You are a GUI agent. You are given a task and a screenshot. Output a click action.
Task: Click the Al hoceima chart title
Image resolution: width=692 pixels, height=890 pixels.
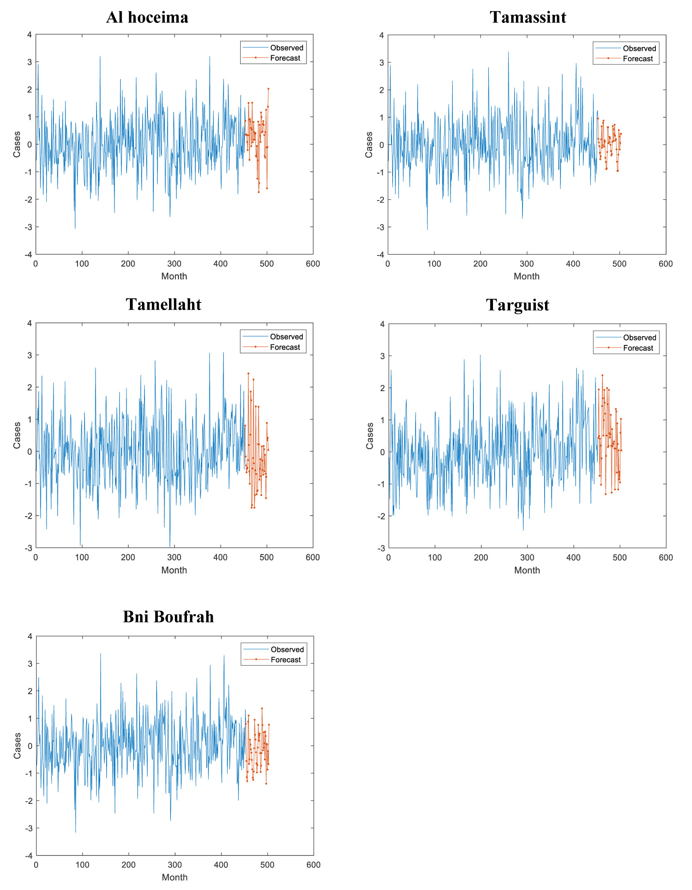pyautogui.click(x=147, y=17)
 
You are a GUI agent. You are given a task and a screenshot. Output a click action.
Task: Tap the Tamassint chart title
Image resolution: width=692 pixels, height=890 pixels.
pyautogui.click(x=528, y=17)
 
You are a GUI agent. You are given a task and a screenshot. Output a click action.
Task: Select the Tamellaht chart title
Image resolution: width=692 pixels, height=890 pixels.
pyautogui.click(x=163, y=305)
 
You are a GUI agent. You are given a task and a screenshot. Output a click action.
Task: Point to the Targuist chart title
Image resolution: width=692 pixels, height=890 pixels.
pyautogui.click(x=517, y=305)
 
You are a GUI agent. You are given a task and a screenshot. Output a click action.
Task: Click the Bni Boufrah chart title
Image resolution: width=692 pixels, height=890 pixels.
pyautogui.click(x=168, y=617)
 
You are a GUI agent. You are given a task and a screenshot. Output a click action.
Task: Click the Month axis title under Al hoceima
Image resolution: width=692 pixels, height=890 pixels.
pyautogui.click(x=174, y=276)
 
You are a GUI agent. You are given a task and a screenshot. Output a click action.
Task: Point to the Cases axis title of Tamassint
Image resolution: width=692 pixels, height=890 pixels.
pyautogui.click(x=369, y=145)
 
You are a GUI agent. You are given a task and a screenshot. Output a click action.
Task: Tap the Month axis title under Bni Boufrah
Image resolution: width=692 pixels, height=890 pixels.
pyautogui.click(x=174, y=877)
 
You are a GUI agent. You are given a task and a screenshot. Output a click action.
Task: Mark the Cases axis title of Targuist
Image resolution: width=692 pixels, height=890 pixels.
pyautogui.click(x=370, y=436)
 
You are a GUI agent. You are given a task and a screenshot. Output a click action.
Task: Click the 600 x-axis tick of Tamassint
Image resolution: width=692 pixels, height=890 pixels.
pyautogui.click(x=665, y=264)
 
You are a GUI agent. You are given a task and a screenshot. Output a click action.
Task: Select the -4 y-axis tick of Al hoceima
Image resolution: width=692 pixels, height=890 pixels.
pyautogui.click(x=28, y=255)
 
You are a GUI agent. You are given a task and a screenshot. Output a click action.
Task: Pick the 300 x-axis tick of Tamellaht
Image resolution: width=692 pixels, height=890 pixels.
pyautogui.click(x=174, y=558)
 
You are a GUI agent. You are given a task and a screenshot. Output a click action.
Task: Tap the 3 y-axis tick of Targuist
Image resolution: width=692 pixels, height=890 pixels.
pyautogui.click(x=382, y=356)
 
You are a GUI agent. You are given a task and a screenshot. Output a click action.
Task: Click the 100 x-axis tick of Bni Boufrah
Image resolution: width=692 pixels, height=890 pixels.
pyautogui.click(x=82, y=865)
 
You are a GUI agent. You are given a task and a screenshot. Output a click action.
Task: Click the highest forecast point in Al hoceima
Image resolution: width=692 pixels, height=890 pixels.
pyautogui.click(x=268, y=89)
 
